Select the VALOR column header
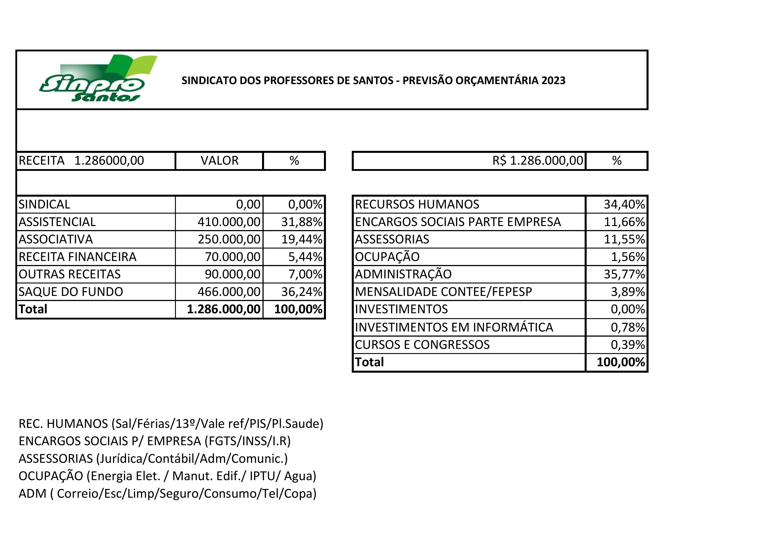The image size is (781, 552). (219, 160)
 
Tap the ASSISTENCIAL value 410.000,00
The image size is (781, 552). (229, 222)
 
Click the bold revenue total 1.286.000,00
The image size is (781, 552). (224, 309)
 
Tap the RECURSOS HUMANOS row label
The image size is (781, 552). (417, 204)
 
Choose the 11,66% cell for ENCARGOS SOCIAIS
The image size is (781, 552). (624, 222)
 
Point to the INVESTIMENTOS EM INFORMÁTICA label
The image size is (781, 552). (454, 327)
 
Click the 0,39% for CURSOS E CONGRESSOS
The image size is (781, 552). (628, 345)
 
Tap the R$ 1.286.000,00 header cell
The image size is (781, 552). (537, 160)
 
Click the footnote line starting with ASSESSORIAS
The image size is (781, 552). (153, 459)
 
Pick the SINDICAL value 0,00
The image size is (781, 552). (248, 204)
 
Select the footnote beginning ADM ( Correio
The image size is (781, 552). (167, 493)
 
